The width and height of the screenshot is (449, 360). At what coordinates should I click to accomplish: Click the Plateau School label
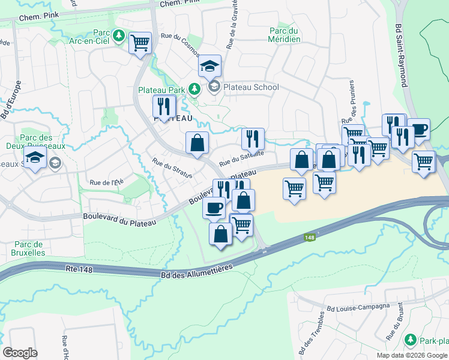coord(251,87)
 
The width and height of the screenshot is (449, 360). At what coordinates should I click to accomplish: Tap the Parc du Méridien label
coord(285,35)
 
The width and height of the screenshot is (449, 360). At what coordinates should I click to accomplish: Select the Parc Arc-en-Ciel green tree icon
coord(119,36)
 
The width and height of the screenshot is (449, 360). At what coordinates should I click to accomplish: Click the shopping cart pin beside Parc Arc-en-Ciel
coord(140,43)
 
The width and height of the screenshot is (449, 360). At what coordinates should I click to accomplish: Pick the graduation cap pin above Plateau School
coord(210,66)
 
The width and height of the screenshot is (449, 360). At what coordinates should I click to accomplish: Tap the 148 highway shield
coord(309,238)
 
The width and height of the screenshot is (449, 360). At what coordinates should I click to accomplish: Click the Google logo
coord(20,352)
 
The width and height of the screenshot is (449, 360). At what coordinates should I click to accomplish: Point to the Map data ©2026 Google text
coord(411,355)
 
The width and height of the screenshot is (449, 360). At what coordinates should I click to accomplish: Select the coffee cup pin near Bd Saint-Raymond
coord(419,129)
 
